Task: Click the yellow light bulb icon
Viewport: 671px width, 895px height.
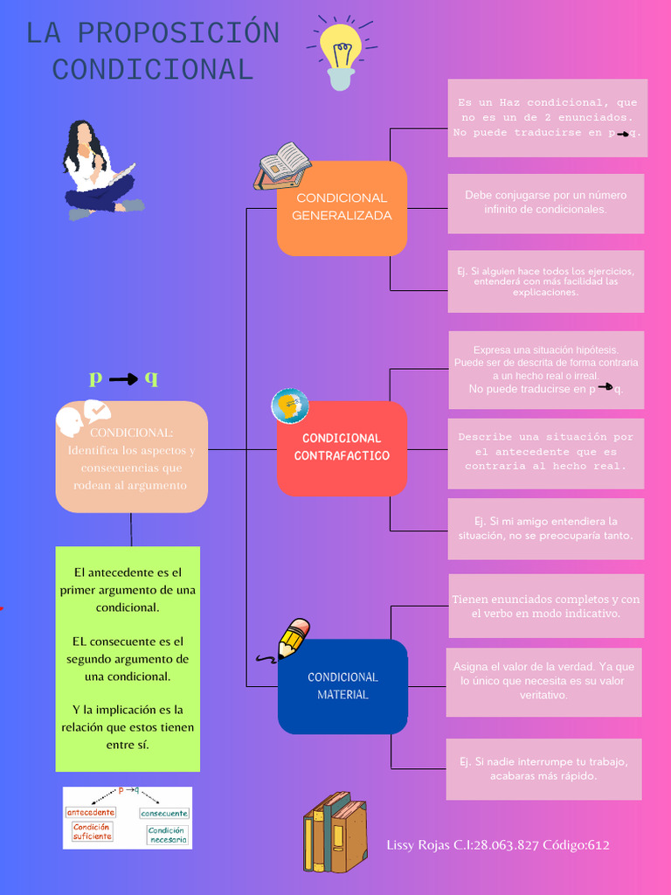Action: tap(340, 52)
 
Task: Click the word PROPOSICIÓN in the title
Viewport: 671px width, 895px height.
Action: tap(178, 33)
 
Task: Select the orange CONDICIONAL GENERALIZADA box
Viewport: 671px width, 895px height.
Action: tap(342, 208)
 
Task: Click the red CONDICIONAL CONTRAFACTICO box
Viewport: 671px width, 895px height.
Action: tap(342, 447)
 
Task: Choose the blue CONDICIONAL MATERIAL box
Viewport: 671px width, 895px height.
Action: tap(342, 686)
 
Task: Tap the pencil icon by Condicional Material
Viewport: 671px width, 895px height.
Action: tap(292, 640)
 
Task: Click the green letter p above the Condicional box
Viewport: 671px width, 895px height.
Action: tap(96, 378)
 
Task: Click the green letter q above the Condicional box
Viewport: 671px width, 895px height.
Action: tap(151, 378)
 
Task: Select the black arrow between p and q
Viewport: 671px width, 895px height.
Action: tap(123, 379)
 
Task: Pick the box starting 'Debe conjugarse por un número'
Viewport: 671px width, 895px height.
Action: tap(545, 203)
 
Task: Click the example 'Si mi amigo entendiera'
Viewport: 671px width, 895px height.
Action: tap(545, 529)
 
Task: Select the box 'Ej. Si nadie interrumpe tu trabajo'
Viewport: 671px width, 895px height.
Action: tap(543, 769)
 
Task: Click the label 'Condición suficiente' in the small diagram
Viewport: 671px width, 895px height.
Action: tap(92, 831)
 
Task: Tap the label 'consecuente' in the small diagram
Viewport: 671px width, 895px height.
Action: tap(164, 813)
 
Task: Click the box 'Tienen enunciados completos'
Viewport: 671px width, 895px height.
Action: tap(546, 606)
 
